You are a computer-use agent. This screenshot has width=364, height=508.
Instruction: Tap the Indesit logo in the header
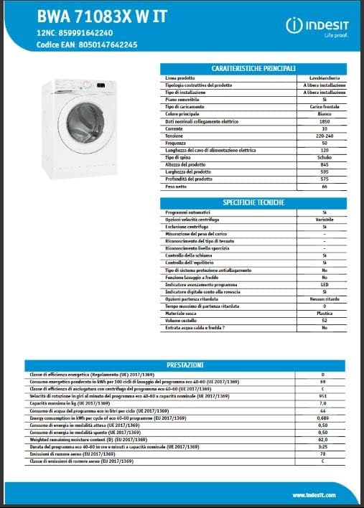[x=319, y=27]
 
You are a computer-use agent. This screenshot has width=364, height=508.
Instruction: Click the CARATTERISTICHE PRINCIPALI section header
[x=253, y=67]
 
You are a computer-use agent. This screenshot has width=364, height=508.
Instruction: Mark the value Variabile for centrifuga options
[x=325, y=219]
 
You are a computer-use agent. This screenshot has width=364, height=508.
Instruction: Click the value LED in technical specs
[x=325, y=284]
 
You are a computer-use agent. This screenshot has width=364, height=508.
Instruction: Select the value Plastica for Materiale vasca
[x=325, y=314]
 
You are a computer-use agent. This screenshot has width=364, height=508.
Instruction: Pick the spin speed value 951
[x=322, y=395]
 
